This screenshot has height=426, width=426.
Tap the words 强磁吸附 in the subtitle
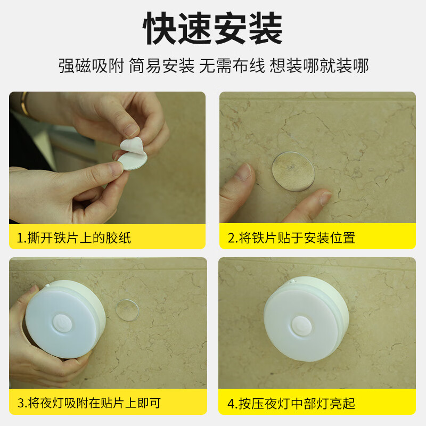tap(91, 66)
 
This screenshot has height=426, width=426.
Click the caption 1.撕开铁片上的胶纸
tap(74, 237)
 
